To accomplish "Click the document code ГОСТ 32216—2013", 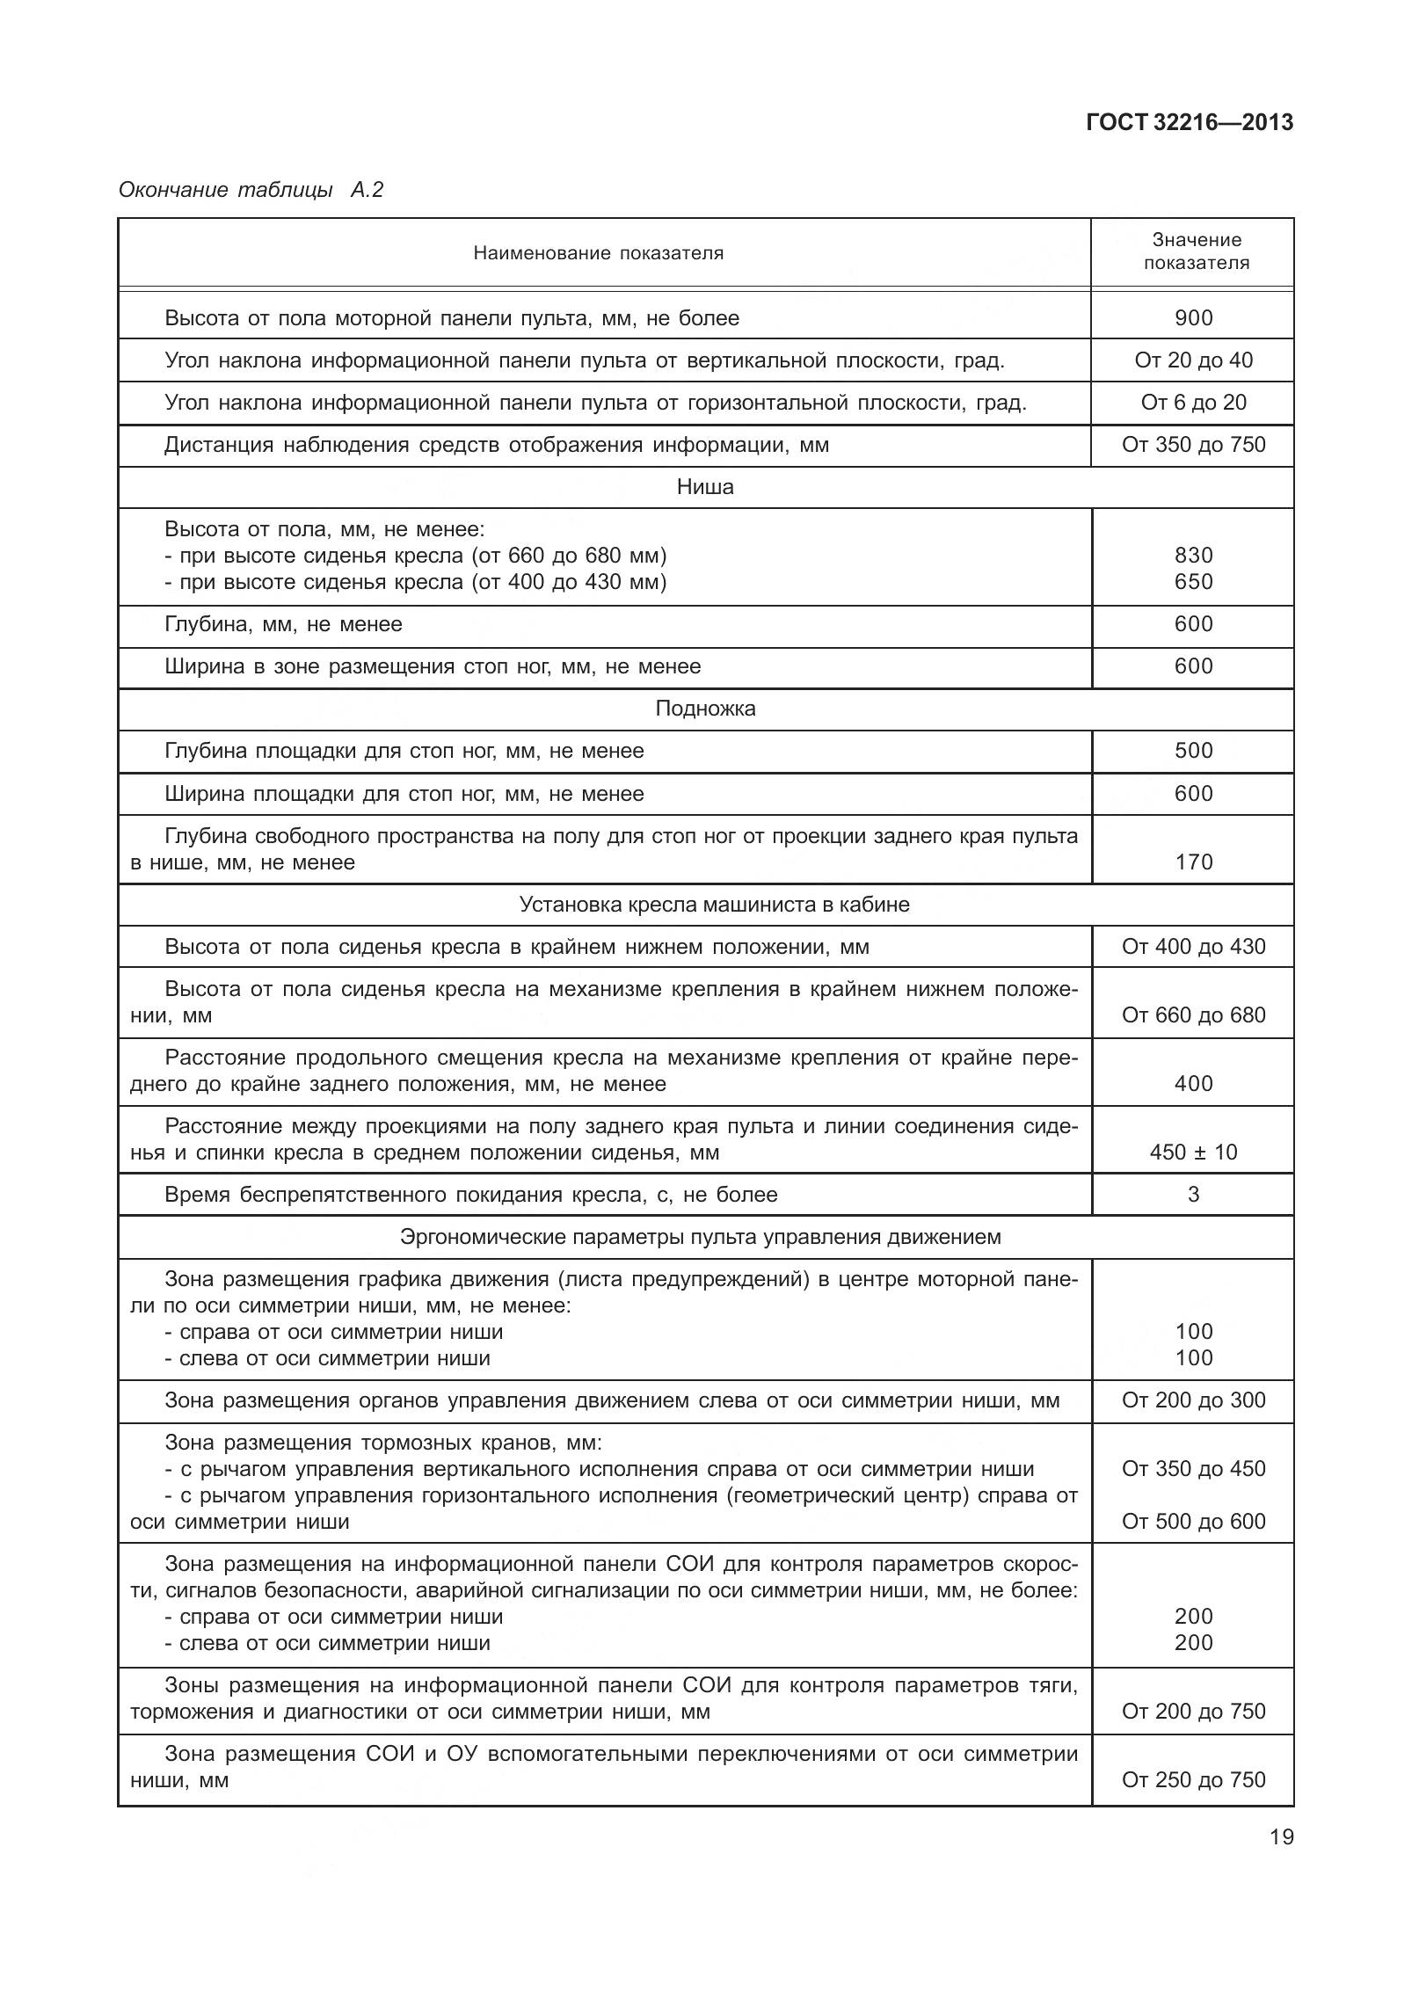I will (1189, 122).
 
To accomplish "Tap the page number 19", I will (1281, 1836).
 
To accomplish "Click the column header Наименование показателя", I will (598, 253).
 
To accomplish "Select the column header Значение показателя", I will (1195, 251).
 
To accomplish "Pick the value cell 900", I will (1193, 318).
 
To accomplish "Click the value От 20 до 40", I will (1193, 360).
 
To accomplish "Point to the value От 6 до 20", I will (1193, 403).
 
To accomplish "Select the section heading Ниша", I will (705, 487).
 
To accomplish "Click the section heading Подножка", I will (705, 709).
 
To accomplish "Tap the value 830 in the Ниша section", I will (1193, 556).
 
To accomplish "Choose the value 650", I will (1193, 582).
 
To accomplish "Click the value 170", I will (1193, 862).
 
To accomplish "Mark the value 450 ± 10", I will (1193, 1153).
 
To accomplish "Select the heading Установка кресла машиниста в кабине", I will (714, 905).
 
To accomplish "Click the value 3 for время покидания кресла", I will (1193, 1195).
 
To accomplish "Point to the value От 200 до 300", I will (1193, 1400).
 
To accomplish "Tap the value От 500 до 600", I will (1193, 1522).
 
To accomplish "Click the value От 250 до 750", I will (1193, 1780).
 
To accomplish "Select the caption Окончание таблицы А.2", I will (251, 190).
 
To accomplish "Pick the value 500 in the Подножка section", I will (1193, 751).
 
